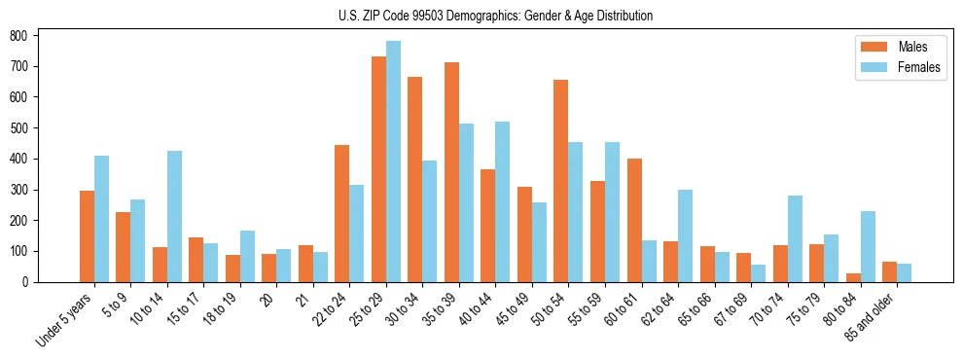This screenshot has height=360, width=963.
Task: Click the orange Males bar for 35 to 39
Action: click(x=451, y=172)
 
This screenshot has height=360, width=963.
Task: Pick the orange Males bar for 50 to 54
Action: click(x=560, y=181)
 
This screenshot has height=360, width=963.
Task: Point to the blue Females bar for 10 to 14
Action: click(x=174, y=216)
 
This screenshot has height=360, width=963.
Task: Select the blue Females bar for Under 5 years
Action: click(x=101, y=219)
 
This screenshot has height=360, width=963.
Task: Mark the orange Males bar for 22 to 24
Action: click(x=341, y=213)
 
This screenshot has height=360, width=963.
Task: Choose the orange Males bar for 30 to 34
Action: click(x=414, y=179)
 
